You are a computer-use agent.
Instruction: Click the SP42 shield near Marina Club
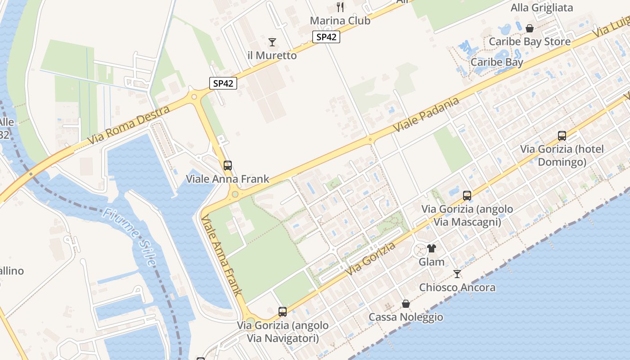pyautogui.click(x=326, y=37)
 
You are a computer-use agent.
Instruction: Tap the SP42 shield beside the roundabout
pyautogui.click(x=223, y=83)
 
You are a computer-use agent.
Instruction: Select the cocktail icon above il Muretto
pyautogui.click(x=272, y=42)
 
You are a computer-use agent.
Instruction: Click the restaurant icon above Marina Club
pyautogui.click(x=340, y=7)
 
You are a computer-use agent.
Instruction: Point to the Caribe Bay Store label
pyautogui.click(x=530, y=42)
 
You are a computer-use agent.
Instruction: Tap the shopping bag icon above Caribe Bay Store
pyautogui.click(x=530, y=28)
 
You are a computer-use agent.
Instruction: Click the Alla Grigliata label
pyautogui.click(x=542, y=8)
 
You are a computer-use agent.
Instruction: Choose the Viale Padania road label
pyautogui.click(x=426, y=115)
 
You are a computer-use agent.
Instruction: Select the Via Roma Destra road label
pyautogui.click(x=129, y=126)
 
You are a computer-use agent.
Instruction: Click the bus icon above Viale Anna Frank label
pyautogui.click(x=228, y=165)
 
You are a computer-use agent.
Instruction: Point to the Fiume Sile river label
pyautogui.click(x=129, y=236)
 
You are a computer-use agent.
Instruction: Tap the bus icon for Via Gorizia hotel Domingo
pyautogui.click(x=562, y=135)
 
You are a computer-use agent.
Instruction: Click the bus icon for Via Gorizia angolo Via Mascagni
pyautogui.click(x=467, y=195)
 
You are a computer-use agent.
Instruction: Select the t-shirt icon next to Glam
pyautogui.click(x=432, y=248)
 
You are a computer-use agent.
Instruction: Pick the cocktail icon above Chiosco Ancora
pyautogui.click(x=457, y=274)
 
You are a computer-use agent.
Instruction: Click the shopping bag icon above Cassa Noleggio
pyautogui.click(x=406, y=304)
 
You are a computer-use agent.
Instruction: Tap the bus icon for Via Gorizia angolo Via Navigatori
pyautogui.click(x=283, y=311)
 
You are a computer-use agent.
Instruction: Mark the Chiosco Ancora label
pyautogui.click(x=457, y=288)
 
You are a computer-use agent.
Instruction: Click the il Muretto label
pyautogui.click(x=272, y=56)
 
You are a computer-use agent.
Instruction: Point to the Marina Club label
pyautogui.click(x=340, y=21)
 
